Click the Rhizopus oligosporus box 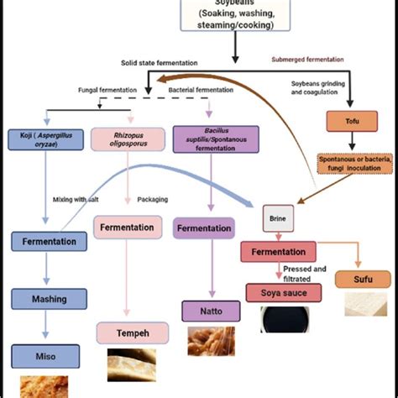126,139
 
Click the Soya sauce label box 280,293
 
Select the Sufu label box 362,279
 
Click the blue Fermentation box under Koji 49,242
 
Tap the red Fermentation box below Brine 278,251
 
